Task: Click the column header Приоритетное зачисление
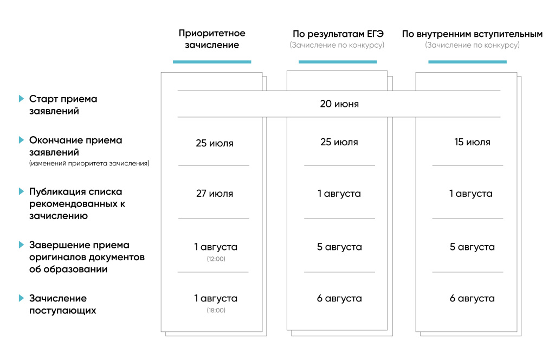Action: (x=212, y=39)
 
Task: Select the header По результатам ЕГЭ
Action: (x=339, y=34)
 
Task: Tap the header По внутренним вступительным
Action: (x=472, y=34)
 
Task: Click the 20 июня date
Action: (x=339, y=104)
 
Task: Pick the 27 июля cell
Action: (x=215, y=194)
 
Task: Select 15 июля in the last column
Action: (x=472, y=143)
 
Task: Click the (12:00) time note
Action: (x=216, y=259)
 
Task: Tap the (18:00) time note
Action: (x=216, y=310)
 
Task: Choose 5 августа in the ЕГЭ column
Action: (x=339, y=247)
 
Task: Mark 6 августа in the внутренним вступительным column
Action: (x=472, y=299)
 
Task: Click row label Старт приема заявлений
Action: (x=63, y=105)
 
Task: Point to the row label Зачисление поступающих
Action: (x=62, y=304)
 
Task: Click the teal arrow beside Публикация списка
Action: (x=21, y=191)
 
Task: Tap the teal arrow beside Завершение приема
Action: (x=21, y=245)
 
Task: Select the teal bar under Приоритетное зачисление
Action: (x=212, y=62)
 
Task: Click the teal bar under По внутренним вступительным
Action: (x=467, y=62)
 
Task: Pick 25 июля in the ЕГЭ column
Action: (x=339, y=143)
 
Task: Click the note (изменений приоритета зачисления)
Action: (x=89, y=163)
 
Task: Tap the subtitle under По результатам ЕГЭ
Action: (x=337, y=46)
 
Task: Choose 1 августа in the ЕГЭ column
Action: (x=339, y=194)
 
